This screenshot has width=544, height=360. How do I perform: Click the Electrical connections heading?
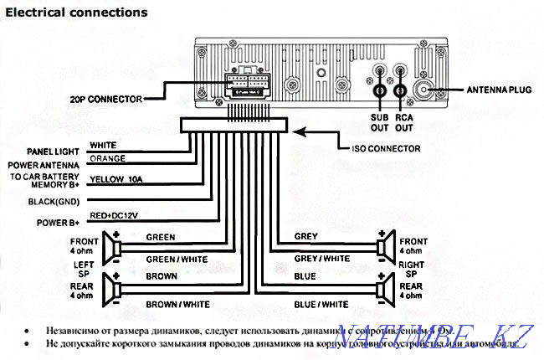point(77,13)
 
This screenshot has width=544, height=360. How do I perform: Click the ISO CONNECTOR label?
point(372,147)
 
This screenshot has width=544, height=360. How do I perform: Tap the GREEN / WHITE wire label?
point(172,260)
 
